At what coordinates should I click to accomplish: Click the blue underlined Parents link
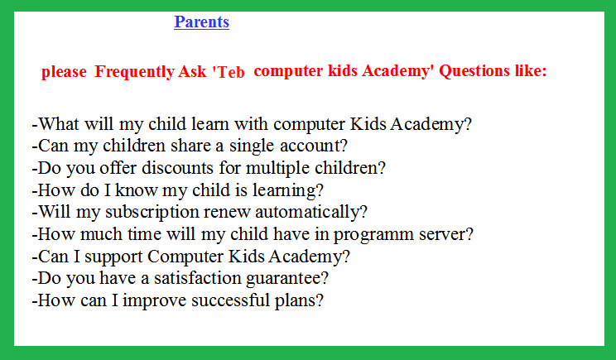click(201, 22)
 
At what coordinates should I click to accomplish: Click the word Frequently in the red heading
click(135, 72)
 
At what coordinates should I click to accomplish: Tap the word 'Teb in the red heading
click(229, 72)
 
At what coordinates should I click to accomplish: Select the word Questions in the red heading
click(474, 71)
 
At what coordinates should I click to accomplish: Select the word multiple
click(278, 169)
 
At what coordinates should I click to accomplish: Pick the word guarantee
click(283, 279)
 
